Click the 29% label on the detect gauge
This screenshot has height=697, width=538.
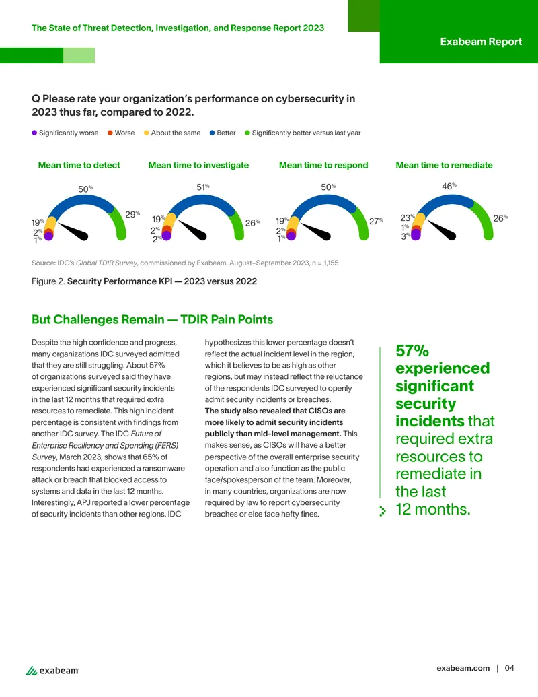(132, 214)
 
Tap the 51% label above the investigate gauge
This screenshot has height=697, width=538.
(203, 187)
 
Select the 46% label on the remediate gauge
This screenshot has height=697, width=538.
(449, 186)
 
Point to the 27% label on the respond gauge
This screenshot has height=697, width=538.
(377, 221)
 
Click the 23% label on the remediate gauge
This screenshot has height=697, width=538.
(408, 218)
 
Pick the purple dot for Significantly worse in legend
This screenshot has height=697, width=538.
(34, 133)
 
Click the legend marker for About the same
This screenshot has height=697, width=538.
(146, 133)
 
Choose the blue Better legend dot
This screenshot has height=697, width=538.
(213, 133)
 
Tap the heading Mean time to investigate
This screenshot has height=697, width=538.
(198, 166)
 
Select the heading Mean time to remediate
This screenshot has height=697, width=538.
(444, 166)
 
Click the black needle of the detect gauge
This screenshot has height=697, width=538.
(73, 232)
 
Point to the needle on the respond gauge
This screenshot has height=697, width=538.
(315, 232)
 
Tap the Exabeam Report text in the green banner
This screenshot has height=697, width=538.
(481, 42)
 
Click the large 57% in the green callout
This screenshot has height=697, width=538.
(412, 351)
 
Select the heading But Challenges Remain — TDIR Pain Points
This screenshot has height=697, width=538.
(152, 320)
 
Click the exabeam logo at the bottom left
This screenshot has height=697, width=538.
(52, 670)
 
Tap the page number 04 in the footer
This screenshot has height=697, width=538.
(509, 668)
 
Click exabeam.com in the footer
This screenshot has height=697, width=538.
(463, 668)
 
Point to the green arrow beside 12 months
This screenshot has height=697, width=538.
(383, 511)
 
